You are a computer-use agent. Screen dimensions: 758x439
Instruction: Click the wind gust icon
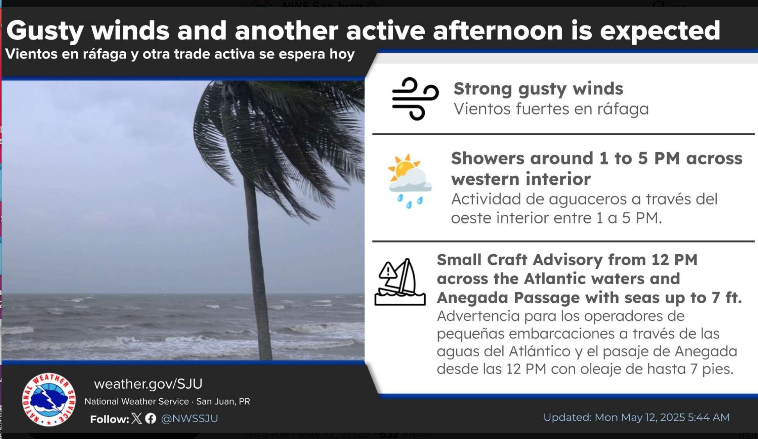coord(415,99)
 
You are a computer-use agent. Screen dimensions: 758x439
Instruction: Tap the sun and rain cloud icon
coord(409,181)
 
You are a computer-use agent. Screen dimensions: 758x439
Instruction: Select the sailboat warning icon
coord(400,282)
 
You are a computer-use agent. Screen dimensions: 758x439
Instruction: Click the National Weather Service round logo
coord(49,399)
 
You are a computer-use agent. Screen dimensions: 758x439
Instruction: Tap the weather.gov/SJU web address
coord(148,384)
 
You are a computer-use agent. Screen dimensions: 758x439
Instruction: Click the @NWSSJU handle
coord(190,419)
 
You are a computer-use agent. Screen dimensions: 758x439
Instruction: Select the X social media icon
coord(137,418)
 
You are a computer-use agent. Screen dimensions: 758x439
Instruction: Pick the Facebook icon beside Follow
coord(151,418)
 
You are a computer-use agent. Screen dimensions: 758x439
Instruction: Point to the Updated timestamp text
coord(637,418)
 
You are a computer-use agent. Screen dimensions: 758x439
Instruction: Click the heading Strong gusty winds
coord(538,89)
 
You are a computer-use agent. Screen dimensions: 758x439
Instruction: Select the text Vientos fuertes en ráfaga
coord(551,109)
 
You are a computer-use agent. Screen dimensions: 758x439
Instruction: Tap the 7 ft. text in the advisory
coord(726,298)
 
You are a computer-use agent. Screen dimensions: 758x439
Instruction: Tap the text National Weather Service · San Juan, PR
coord(167,402)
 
